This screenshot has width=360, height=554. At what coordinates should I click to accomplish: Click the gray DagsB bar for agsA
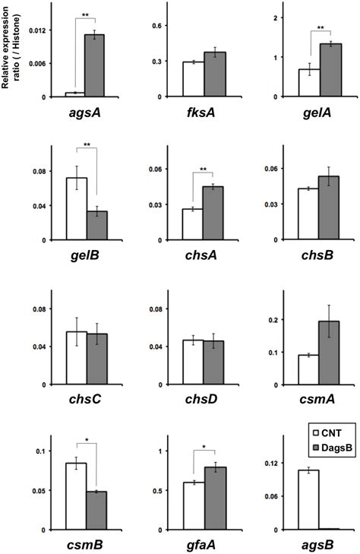(x=94, y=65)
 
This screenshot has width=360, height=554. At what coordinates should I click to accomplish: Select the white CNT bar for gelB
(x=77, y=209)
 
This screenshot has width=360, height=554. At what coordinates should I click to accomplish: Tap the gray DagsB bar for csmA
(x=329, y=353)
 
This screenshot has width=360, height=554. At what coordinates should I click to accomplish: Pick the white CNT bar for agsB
(x=308, y=499)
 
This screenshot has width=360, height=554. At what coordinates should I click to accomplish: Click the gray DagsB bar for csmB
(x=96, y=511)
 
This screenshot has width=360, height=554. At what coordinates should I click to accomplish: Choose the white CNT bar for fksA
(x=193, y=79)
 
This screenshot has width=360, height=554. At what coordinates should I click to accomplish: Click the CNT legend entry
(x=327, y=432)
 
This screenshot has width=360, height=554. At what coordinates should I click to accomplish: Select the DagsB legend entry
(x=333, y=448)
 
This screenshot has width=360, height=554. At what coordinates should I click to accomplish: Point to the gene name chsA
(x=201, y=255)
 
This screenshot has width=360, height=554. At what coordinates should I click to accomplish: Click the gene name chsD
(x=201, y=399)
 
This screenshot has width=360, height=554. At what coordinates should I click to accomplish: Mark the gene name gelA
(x=317, y=113)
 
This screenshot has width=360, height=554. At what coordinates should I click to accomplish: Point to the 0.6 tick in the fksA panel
(x=155, y=26)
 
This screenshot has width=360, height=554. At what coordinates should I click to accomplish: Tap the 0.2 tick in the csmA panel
(x=274, y=320)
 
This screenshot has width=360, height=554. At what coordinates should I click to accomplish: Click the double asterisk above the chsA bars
(x=204, y=169)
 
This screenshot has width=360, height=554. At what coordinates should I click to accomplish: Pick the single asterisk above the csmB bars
(x=87, y=441)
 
